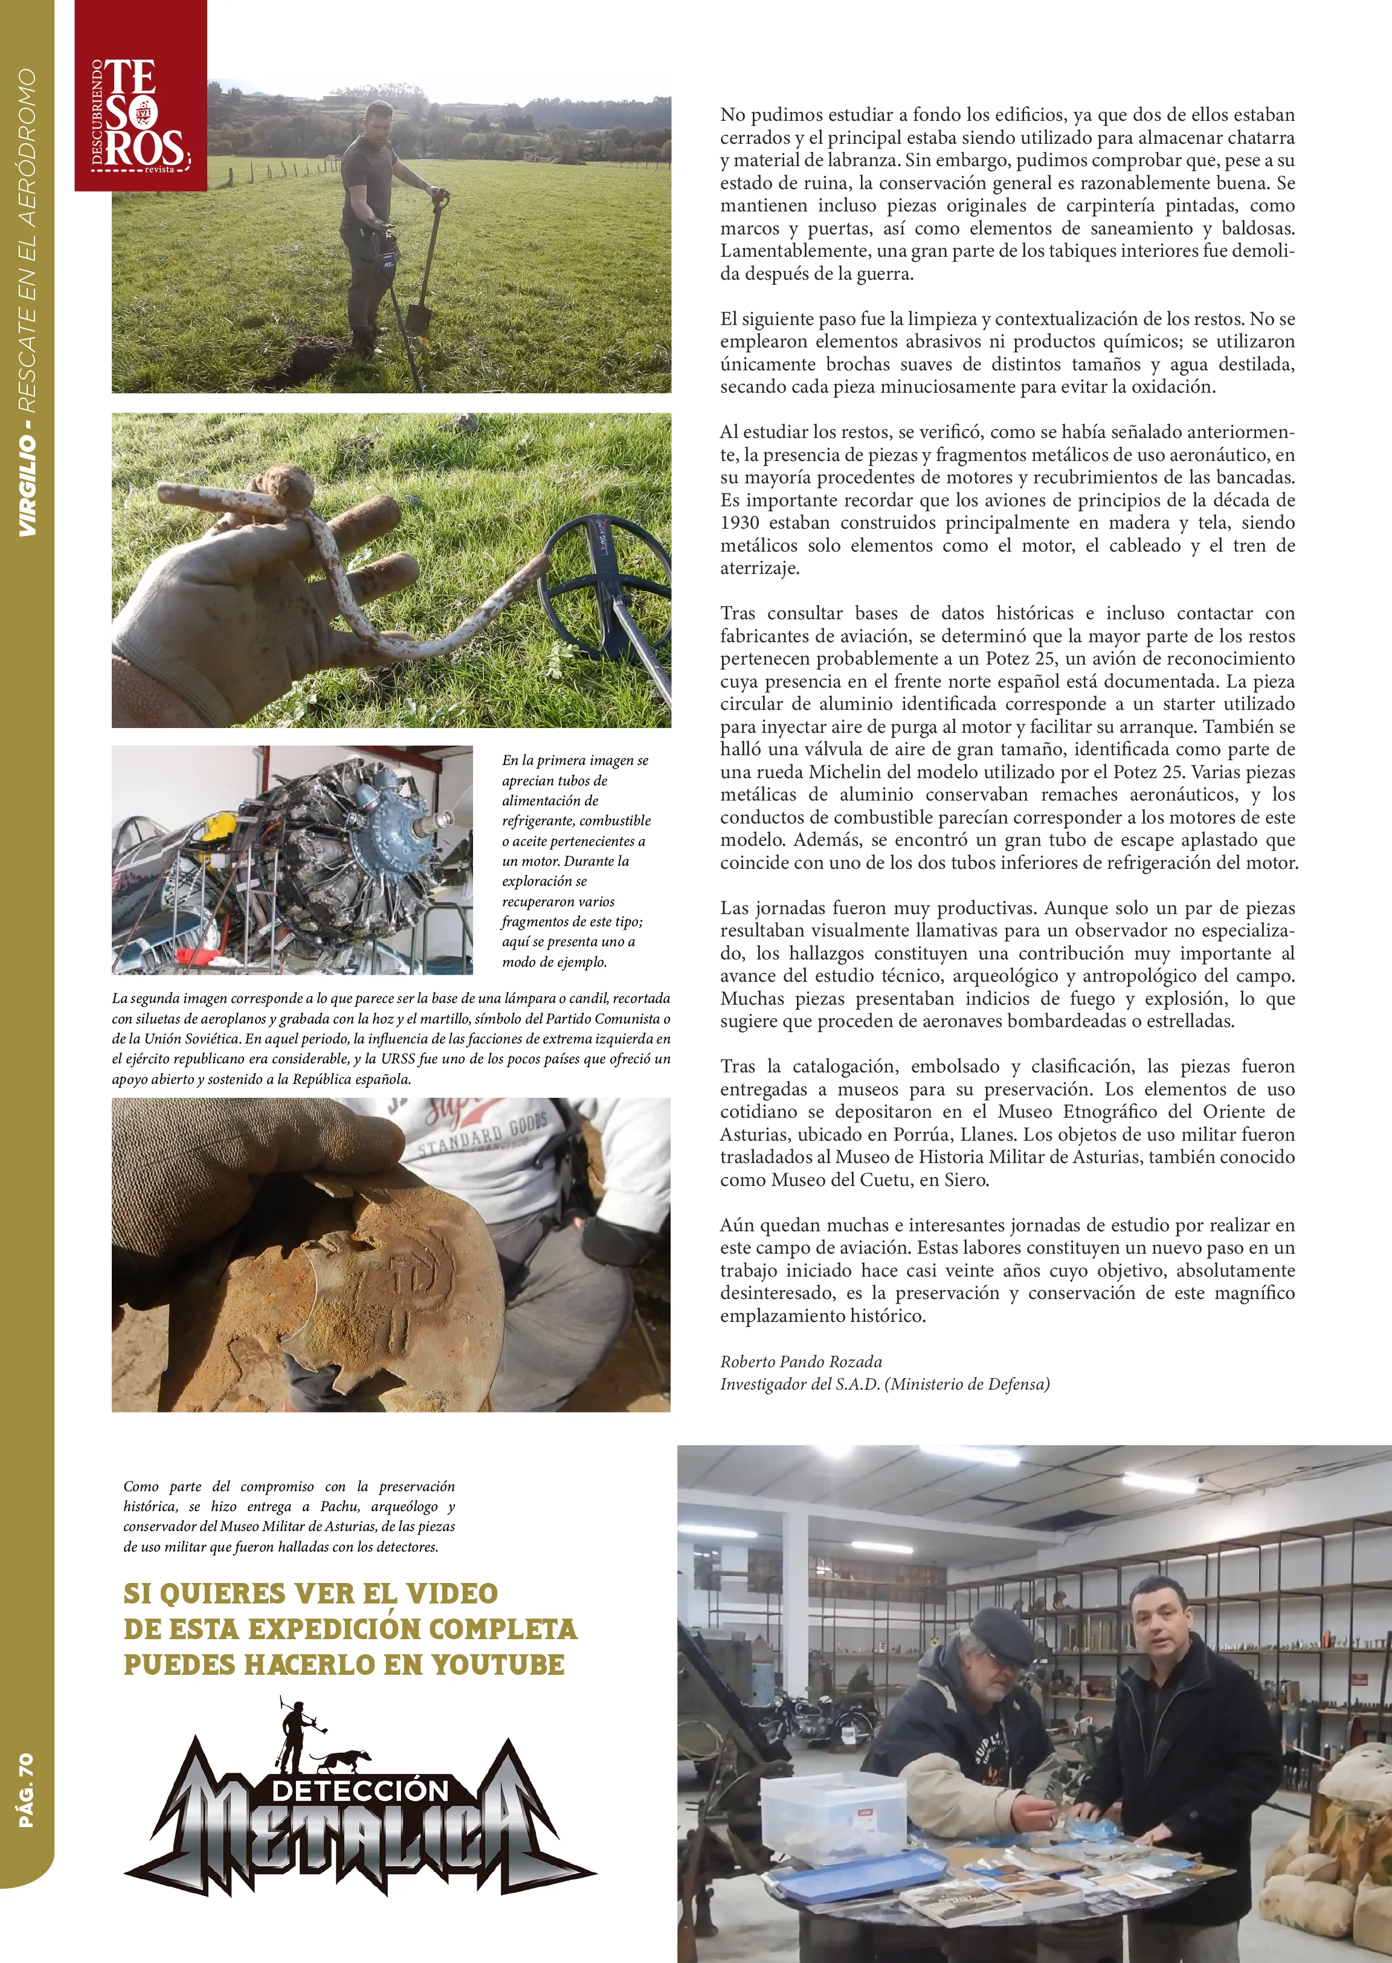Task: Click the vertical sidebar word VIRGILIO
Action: click(x=27, y=485)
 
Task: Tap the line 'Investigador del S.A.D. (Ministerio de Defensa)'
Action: click(x=884, y=1384)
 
